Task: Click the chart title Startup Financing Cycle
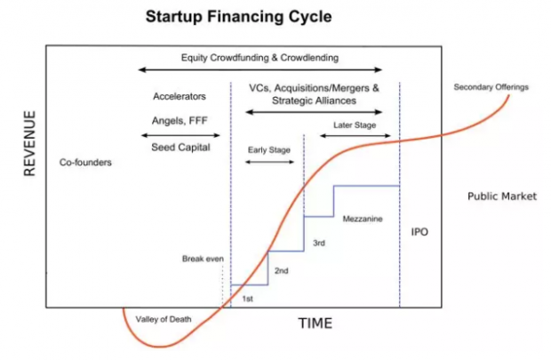[x=238, y=17]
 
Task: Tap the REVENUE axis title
[x=30, y=143]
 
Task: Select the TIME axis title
[x=315, y=323]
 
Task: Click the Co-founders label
[x=85, y=163]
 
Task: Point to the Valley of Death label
[x=164, y=319]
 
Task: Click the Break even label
[x=203, y=259]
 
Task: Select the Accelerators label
[x=180, y=96]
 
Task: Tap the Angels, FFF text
[x=180, y=121]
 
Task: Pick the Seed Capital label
[x=180, y=148]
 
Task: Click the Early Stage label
[x=269, y=150]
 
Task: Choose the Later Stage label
[x=355, y=125]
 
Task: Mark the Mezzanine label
[x=363, y=219]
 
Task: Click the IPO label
[x=419, y=232]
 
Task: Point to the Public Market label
[x=502, y=196]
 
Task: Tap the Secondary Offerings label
[x=491, y=87]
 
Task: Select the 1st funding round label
[x=247, y=299]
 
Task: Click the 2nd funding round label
[x=282, y=271]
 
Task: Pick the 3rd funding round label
[x=319, y=243]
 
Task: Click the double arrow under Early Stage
[x=269, y=162]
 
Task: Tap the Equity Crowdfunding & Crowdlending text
[x=260, y=58]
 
